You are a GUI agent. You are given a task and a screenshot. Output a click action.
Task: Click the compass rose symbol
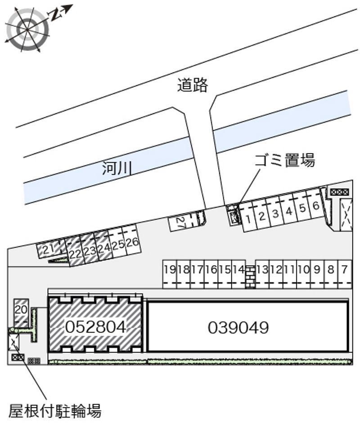click(27, 28)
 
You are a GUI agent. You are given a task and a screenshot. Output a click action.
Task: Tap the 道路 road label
click(193, 85)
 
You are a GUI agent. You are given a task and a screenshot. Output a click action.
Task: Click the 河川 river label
click(117, 168)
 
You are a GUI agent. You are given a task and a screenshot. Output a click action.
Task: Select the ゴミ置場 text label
click(285, 160)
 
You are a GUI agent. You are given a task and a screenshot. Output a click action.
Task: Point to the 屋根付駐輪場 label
click(55, 411)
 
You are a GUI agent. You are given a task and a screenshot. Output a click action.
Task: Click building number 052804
click(95, 327)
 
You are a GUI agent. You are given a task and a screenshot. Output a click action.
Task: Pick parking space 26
click(132, 242)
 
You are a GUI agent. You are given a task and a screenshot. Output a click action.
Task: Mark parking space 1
click(247, 218)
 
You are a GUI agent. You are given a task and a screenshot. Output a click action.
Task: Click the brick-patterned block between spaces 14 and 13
click(250, 277)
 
